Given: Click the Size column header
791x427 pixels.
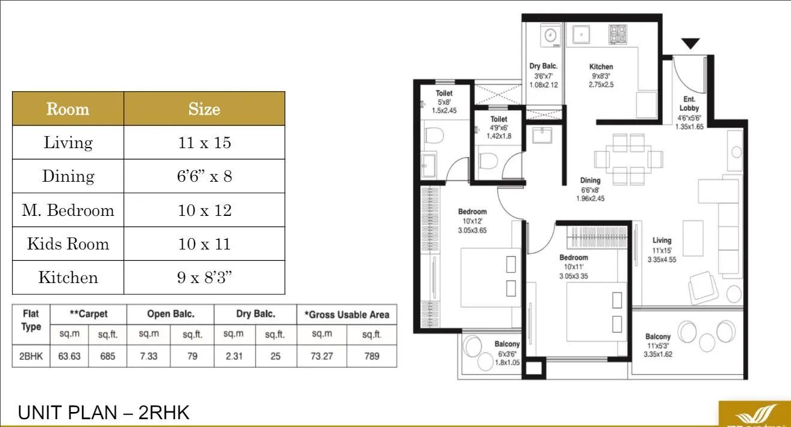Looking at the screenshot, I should [x=204, y=109].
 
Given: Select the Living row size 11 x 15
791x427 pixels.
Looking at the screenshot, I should [x=204, y=143].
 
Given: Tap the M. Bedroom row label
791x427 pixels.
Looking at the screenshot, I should [x=68, y=211].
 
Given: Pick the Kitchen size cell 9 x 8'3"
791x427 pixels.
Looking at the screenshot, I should [x=204, y=278].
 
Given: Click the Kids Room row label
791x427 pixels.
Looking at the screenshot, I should [x=68, y=244].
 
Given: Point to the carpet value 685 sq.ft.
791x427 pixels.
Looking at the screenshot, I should [x=108, y=355].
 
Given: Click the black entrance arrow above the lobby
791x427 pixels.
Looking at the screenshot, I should [x=690, y=44].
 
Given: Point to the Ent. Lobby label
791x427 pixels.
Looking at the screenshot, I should [x=689, y=104].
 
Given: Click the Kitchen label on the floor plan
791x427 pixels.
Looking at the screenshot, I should [x=601, y=67].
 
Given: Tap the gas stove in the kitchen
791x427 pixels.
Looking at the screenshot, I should [x=617, y=35].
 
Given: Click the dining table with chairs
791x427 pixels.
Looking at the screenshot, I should [x=629, y=159].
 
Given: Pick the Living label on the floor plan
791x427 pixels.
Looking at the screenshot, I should [x=662, y=240].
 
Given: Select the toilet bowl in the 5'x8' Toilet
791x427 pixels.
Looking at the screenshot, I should [x=433, y=136].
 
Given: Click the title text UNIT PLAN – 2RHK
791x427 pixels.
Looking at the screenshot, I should [x=104, y=413].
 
